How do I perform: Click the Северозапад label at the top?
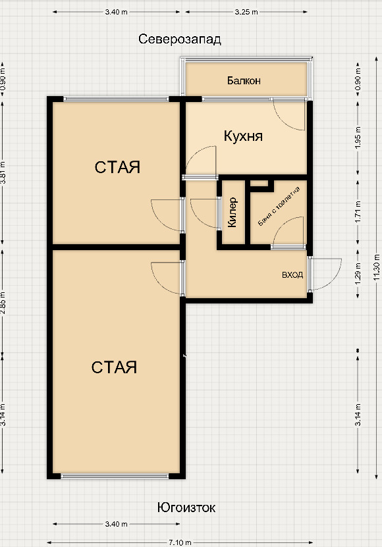tap(180, 39)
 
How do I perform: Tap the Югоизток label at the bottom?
tap(186, 508)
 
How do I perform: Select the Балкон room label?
tap(244, 81)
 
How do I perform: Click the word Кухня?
tap(243, 136)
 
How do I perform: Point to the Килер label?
tap(232, 213)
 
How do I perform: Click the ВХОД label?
tap(292, 274)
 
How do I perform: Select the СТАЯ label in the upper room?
tap(117, 167)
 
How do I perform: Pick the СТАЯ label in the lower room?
tap(114, 367)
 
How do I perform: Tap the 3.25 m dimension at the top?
tap(247, 12)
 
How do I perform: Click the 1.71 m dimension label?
tap(358, 213)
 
